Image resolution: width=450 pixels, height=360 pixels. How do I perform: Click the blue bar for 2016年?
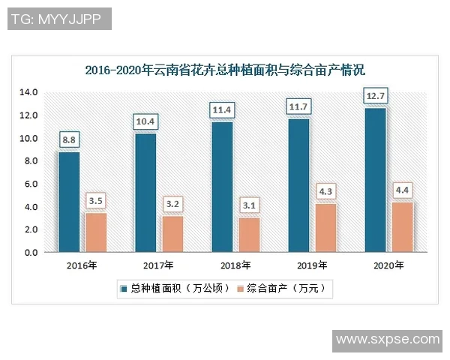click(x=69, y=202)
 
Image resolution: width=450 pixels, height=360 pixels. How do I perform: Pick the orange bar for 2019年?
click(x=324, y=228)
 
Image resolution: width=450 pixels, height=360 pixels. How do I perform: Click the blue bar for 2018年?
click(x=222, y=187)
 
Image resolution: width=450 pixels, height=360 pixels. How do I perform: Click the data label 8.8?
click(x=69, y=139)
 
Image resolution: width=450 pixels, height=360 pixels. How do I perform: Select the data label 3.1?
click(x=248, y=204)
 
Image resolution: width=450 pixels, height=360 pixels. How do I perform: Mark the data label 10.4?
click(x=145, y=121)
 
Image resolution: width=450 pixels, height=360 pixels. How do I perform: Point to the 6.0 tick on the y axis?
click(x=30, y=184)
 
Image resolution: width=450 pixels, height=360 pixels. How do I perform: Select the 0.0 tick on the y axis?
click(x=30, y=253)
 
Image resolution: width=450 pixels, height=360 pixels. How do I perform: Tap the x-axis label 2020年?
click(x=388, y=265)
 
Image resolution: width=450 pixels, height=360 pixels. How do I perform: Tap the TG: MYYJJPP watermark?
click(x=59, y=18)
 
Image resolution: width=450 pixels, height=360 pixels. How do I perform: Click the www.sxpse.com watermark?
click(x=387, y=340)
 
